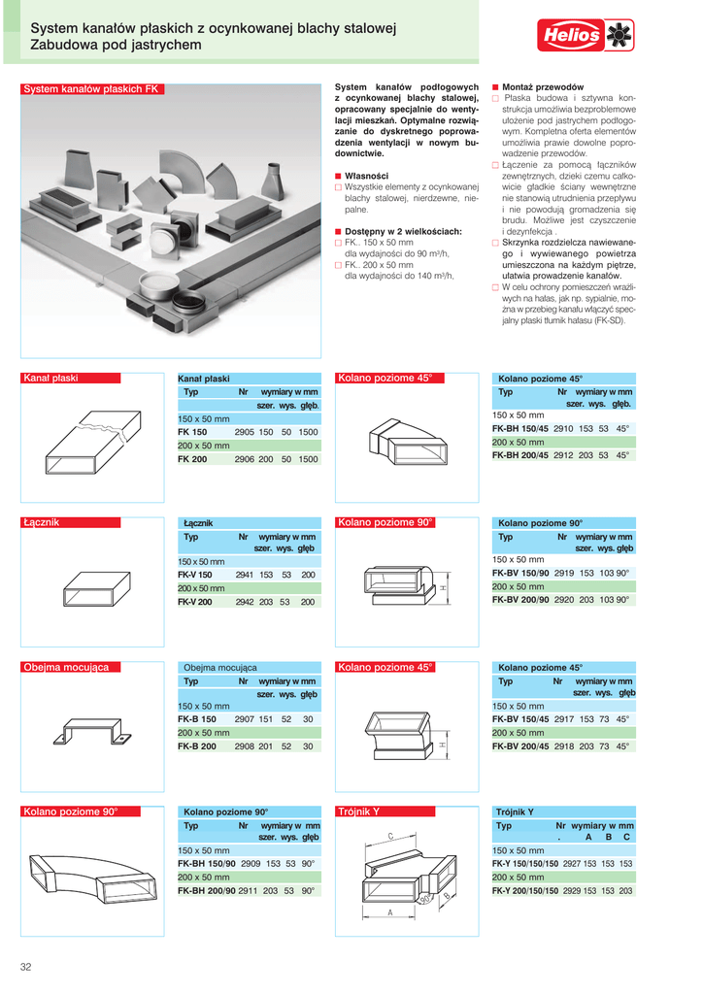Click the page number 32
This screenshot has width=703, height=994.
pos(26,966)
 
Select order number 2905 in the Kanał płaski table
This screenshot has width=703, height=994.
pos(244,431)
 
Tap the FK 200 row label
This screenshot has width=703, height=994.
pos(192,459)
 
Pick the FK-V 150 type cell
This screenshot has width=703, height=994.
pos(195,576)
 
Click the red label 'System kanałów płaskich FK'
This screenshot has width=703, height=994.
pos(90,89)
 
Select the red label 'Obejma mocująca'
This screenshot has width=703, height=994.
pos(71,668)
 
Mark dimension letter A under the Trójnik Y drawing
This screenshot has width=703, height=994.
pos(389,913)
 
